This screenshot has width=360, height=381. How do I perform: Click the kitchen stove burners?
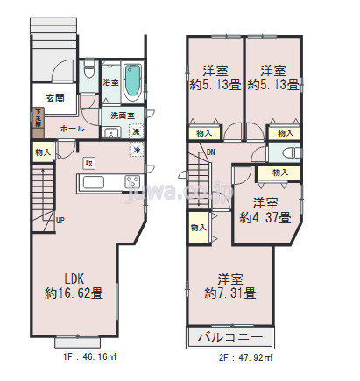coord(132,182)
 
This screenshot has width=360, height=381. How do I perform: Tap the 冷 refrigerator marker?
coord(137,150)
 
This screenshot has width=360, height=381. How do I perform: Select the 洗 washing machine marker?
coord(135,131)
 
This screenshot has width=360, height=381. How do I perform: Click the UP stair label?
coord(60,220)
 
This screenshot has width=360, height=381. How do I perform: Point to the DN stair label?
coord(211,152)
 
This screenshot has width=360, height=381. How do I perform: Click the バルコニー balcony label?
coord(230,336)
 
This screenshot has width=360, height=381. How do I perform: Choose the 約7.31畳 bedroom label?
coord(230,283)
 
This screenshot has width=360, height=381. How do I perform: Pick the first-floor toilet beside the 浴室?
coord(88,74)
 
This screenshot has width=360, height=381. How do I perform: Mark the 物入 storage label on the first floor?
coord(42,152)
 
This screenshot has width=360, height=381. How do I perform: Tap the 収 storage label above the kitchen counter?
coord(88,163)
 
